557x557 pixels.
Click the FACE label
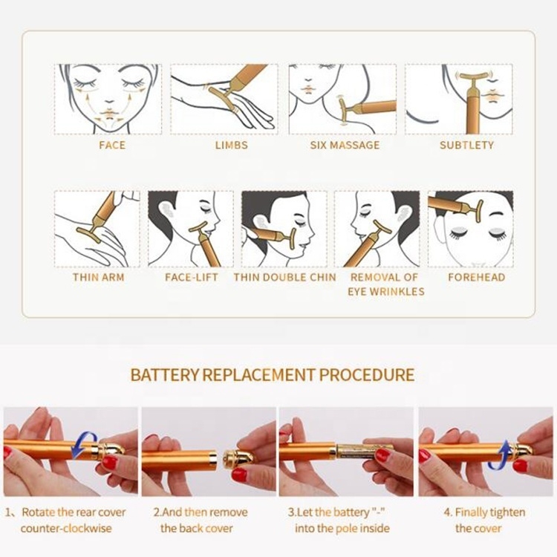(112, 145)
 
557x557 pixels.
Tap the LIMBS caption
(231, 145)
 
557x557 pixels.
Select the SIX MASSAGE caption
(344, 145)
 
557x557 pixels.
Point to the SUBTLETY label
(466, 145)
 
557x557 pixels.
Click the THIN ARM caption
(98, 277)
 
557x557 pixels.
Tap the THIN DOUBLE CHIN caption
(284, 277)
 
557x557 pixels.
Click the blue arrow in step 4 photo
(503, 454)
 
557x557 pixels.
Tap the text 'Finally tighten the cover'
(484, 520)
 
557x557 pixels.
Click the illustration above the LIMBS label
(224, 99)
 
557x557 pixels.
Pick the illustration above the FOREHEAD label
(469, 229)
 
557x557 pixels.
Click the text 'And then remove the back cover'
(200, 520)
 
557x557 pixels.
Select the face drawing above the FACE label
(108, 99)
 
